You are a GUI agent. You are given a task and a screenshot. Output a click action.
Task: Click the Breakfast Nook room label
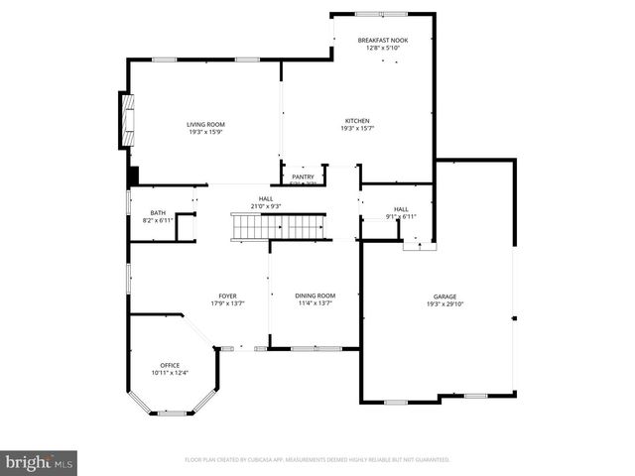click(x=382, y=40)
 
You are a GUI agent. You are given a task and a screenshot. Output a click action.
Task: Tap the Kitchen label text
click(x=357, y=121)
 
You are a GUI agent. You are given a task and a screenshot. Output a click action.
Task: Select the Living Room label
click(x=205, y=124)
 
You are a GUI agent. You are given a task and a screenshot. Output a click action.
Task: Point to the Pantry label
click(x=303, y=177)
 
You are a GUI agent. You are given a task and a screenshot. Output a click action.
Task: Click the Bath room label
click(x=158, y=212)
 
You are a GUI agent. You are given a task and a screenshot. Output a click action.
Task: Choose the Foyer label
click(x=227, y=296)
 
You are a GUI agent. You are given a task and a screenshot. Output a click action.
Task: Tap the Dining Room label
click(x=315, y=296)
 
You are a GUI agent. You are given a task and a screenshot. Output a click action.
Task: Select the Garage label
click(x=444, y=297)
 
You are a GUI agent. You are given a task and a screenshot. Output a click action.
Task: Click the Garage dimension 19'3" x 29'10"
click(x=444, y=304)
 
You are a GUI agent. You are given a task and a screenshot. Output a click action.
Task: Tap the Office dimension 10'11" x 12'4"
click(x=170, y=373)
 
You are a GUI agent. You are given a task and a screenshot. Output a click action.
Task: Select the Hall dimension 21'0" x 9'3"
click(x=266, y=206)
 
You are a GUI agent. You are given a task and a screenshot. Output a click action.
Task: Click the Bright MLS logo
click(x=40, y=462)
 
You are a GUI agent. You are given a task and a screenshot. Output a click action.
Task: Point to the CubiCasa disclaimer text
click(x=317, y=460)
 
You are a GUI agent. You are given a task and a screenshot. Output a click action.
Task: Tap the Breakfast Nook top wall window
click(x=382, y=14)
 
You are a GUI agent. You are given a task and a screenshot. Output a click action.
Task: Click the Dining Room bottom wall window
click(x=317, y=348)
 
